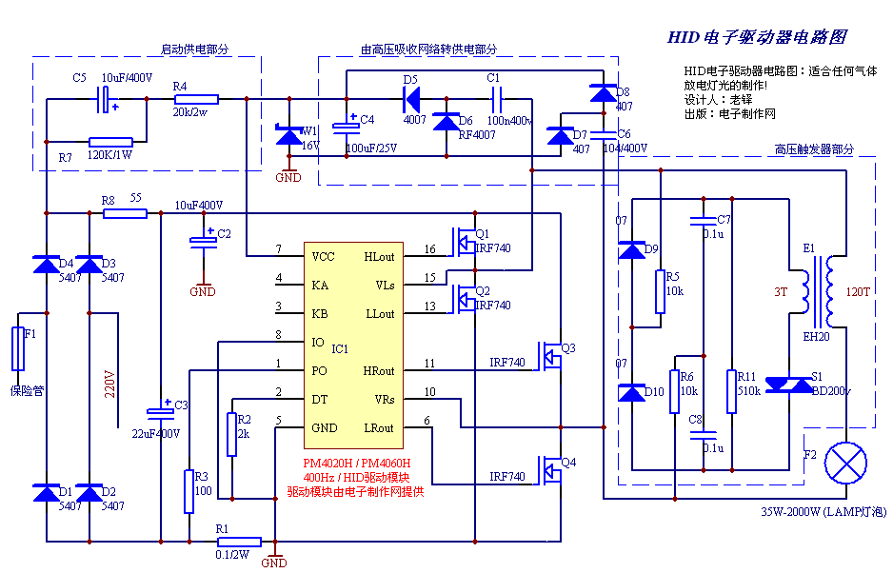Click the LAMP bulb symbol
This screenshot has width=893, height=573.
pos(846,464)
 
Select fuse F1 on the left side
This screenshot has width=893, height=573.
pos(17,349)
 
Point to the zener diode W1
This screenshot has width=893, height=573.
pos(288,137)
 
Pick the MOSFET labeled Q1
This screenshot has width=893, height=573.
pos(465,243)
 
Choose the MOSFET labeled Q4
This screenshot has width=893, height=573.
pos(547,469)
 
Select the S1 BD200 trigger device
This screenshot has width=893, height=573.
pos(789,384)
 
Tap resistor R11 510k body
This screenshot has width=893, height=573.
pos(731,391)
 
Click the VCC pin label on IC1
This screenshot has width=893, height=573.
pos(324,257)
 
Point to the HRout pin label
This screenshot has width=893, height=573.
pos(378,371)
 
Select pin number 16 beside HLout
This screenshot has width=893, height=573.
pos(429,250)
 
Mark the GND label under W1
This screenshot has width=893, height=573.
pos(288,177)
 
